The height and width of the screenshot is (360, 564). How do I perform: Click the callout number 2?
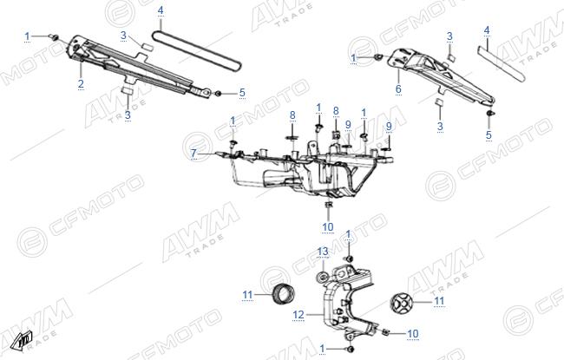(x=81, y=84)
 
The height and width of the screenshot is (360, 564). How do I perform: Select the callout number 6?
(x=398, y=88)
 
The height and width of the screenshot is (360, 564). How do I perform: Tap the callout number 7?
(x=193, y=154)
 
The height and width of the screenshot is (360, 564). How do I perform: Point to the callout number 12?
(x=298, y=315)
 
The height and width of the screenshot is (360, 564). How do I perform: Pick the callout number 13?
(x=323, y=252)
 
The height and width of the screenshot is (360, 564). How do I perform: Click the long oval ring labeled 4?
(x=197, y=51)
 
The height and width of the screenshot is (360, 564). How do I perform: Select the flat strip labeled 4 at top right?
(x=502, y=63)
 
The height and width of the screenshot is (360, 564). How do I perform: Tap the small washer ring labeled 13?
(x=322, y=278)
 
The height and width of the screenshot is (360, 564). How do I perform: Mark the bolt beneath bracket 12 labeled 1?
(x=350, y=349)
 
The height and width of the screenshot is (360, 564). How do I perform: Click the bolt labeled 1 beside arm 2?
(x=55, y=36)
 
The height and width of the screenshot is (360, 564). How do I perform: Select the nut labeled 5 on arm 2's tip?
(x=218, y=93)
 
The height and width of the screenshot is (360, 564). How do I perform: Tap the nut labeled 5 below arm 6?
(x=489, y=114)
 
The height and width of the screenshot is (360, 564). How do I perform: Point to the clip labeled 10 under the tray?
(x=328, y=205)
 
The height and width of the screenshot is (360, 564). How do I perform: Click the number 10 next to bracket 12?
(x=412, y=334)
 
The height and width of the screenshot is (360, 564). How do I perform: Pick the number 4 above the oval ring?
(x=161, y=10)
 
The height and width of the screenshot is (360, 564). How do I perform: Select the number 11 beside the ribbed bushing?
(x=247, y=295)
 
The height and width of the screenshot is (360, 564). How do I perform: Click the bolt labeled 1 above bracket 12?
(x=349, y=259)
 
